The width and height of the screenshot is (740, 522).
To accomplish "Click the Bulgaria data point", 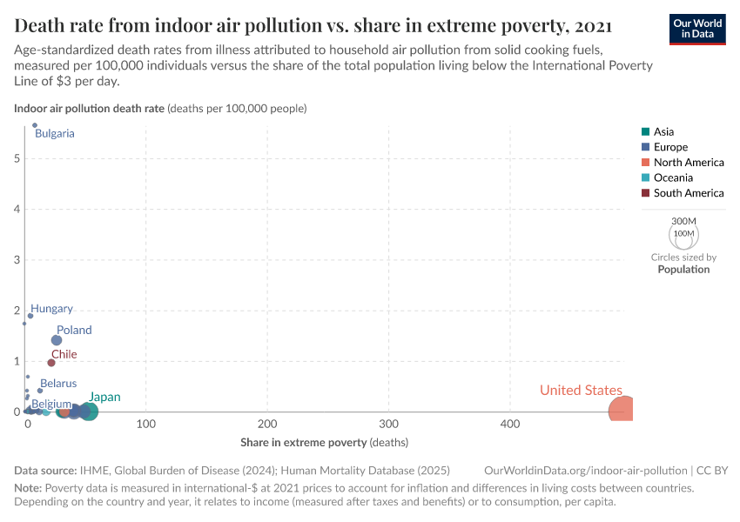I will pos(35,125).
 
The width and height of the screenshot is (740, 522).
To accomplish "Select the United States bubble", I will pos(622,412).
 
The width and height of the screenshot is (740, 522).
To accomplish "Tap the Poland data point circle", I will pos(57,340).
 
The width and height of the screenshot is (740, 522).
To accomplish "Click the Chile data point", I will pos(51,363).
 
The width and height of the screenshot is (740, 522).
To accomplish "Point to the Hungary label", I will pos(51,309).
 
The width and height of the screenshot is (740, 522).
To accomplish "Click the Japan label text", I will pos(104,397).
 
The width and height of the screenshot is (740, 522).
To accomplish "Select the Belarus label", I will pos(57,383).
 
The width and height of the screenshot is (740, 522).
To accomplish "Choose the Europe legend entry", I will pos(670,147).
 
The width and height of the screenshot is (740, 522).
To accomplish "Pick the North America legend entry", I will pos(688,163).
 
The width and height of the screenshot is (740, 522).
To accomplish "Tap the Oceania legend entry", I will pos(673,177).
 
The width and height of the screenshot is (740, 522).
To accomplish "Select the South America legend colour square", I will pos(645,193).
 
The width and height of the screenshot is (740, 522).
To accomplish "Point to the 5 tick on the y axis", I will pos(17,158).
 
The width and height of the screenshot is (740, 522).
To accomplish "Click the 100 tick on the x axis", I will pos(146,425).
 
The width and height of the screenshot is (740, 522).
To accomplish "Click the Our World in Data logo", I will pos(697,28).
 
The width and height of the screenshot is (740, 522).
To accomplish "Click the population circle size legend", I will pos(683,235).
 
